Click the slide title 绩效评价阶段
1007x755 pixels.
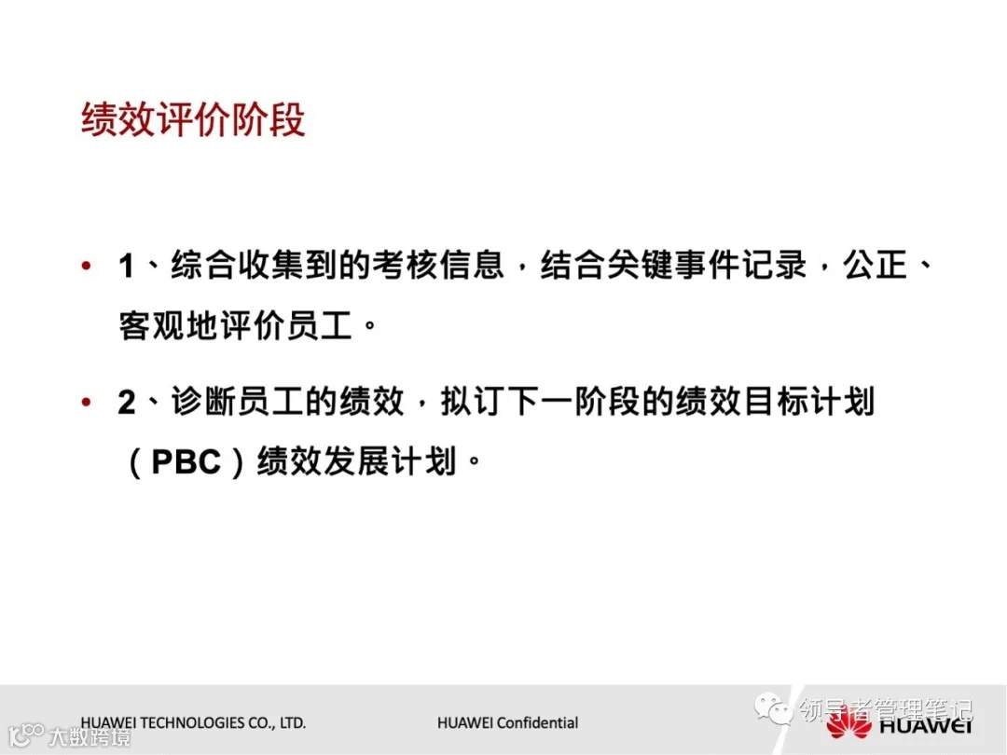click(x=193, y=120)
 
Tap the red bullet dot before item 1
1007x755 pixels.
click(x=87, y=268)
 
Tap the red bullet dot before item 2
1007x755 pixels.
click(x=87, y=403)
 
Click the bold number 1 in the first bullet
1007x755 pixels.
click(x=127, y=268)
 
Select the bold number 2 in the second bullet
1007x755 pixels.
click(x=127, y=403)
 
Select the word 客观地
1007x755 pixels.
click(x=167, y=325)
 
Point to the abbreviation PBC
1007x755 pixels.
click(x=186, y=462)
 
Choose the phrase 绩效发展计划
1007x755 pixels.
click(x=356, y=462)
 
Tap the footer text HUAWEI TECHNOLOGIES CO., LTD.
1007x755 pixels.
click(x=193, y=722)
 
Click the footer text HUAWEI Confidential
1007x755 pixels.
click(x=507, y=722)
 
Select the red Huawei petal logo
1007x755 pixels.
click(x=848, y=723)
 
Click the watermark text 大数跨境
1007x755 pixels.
click(x=90, y=737)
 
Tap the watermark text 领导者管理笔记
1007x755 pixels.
click(x=886, y=710)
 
